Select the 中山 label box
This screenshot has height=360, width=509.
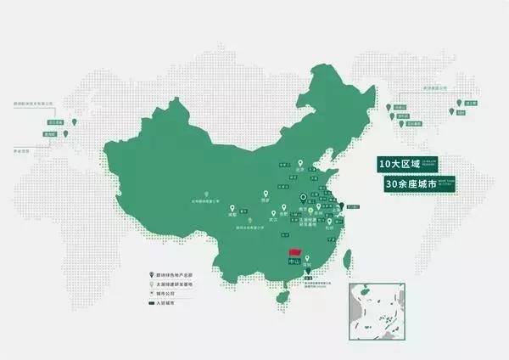point(295,265)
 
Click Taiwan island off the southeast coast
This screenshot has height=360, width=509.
point(334,271)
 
